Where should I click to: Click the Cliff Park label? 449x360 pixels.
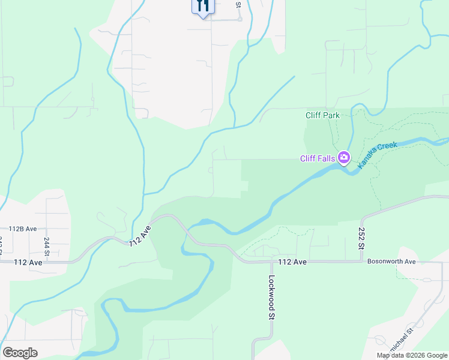pyautogui.click(x=322, y=115)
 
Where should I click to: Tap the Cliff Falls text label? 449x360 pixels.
pyautogui.click(x=318, y=158)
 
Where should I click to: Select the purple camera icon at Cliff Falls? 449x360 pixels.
pyautogui.click(x=344, y=158)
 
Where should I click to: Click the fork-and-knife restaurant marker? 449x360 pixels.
pyautogui.click(x=203, y=7)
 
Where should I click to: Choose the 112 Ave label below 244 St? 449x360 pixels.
pyautogui.click(x=28, y=262)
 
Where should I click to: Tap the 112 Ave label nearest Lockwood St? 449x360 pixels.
pyautogui.click(x=292, y=262)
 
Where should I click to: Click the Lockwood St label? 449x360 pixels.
pyautogui.click(x=272, y=297)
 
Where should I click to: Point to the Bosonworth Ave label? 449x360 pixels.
pyautogui.click(x=391, y=262)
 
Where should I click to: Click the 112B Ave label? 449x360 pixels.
pyautogui.click(x=23, y=229)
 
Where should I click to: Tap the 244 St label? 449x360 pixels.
pyautogui.click(x=46, y=245)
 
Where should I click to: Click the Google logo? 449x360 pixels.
pyautogui.click(x=20, y=352)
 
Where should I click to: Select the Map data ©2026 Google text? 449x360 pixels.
pyautogui.click(x=412, y=355)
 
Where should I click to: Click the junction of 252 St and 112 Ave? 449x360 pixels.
pyautogui.click(x=361, y=262)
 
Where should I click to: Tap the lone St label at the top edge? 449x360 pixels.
pyautogui.click(x=238, y=4)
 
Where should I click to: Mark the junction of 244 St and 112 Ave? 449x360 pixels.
pyautogui.click(x=46, y=262)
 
